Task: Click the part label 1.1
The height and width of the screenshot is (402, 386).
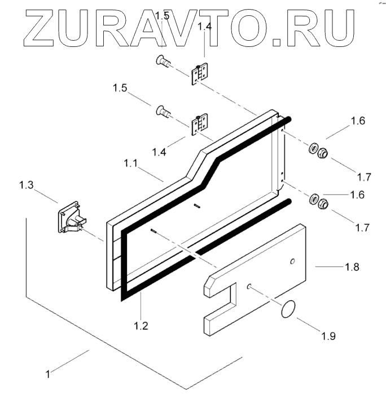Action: [x=131, y=163]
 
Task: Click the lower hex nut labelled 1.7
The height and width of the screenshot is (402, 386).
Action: [x=323, y=204]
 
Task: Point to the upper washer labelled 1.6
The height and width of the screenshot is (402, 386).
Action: [x=312, y=149]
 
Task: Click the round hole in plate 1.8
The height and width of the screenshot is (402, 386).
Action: [x=292, y=261]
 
